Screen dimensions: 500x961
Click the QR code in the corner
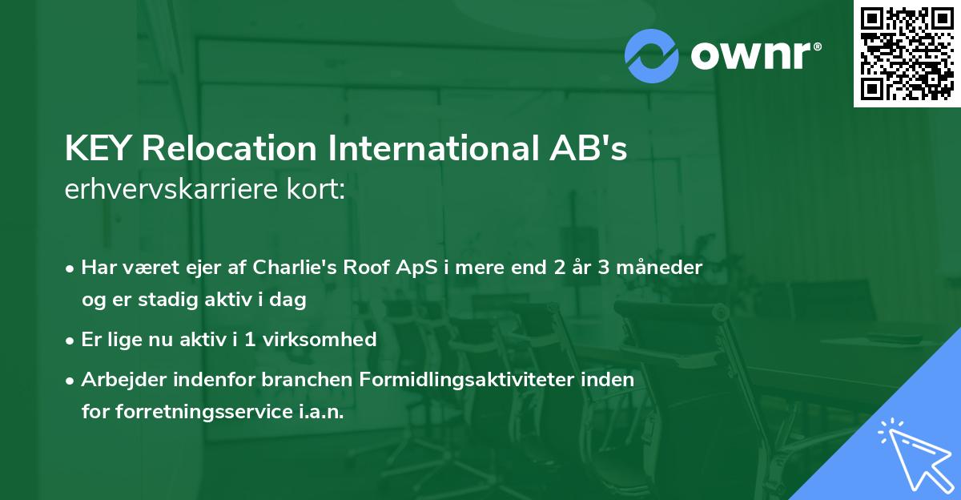[x=907, y=53]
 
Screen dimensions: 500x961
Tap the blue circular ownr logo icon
[x=652, y=55]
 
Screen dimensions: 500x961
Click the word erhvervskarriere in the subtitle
[x=171, y=191]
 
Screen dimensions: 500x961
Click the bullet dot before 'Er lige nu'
[x=71, y=341]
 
